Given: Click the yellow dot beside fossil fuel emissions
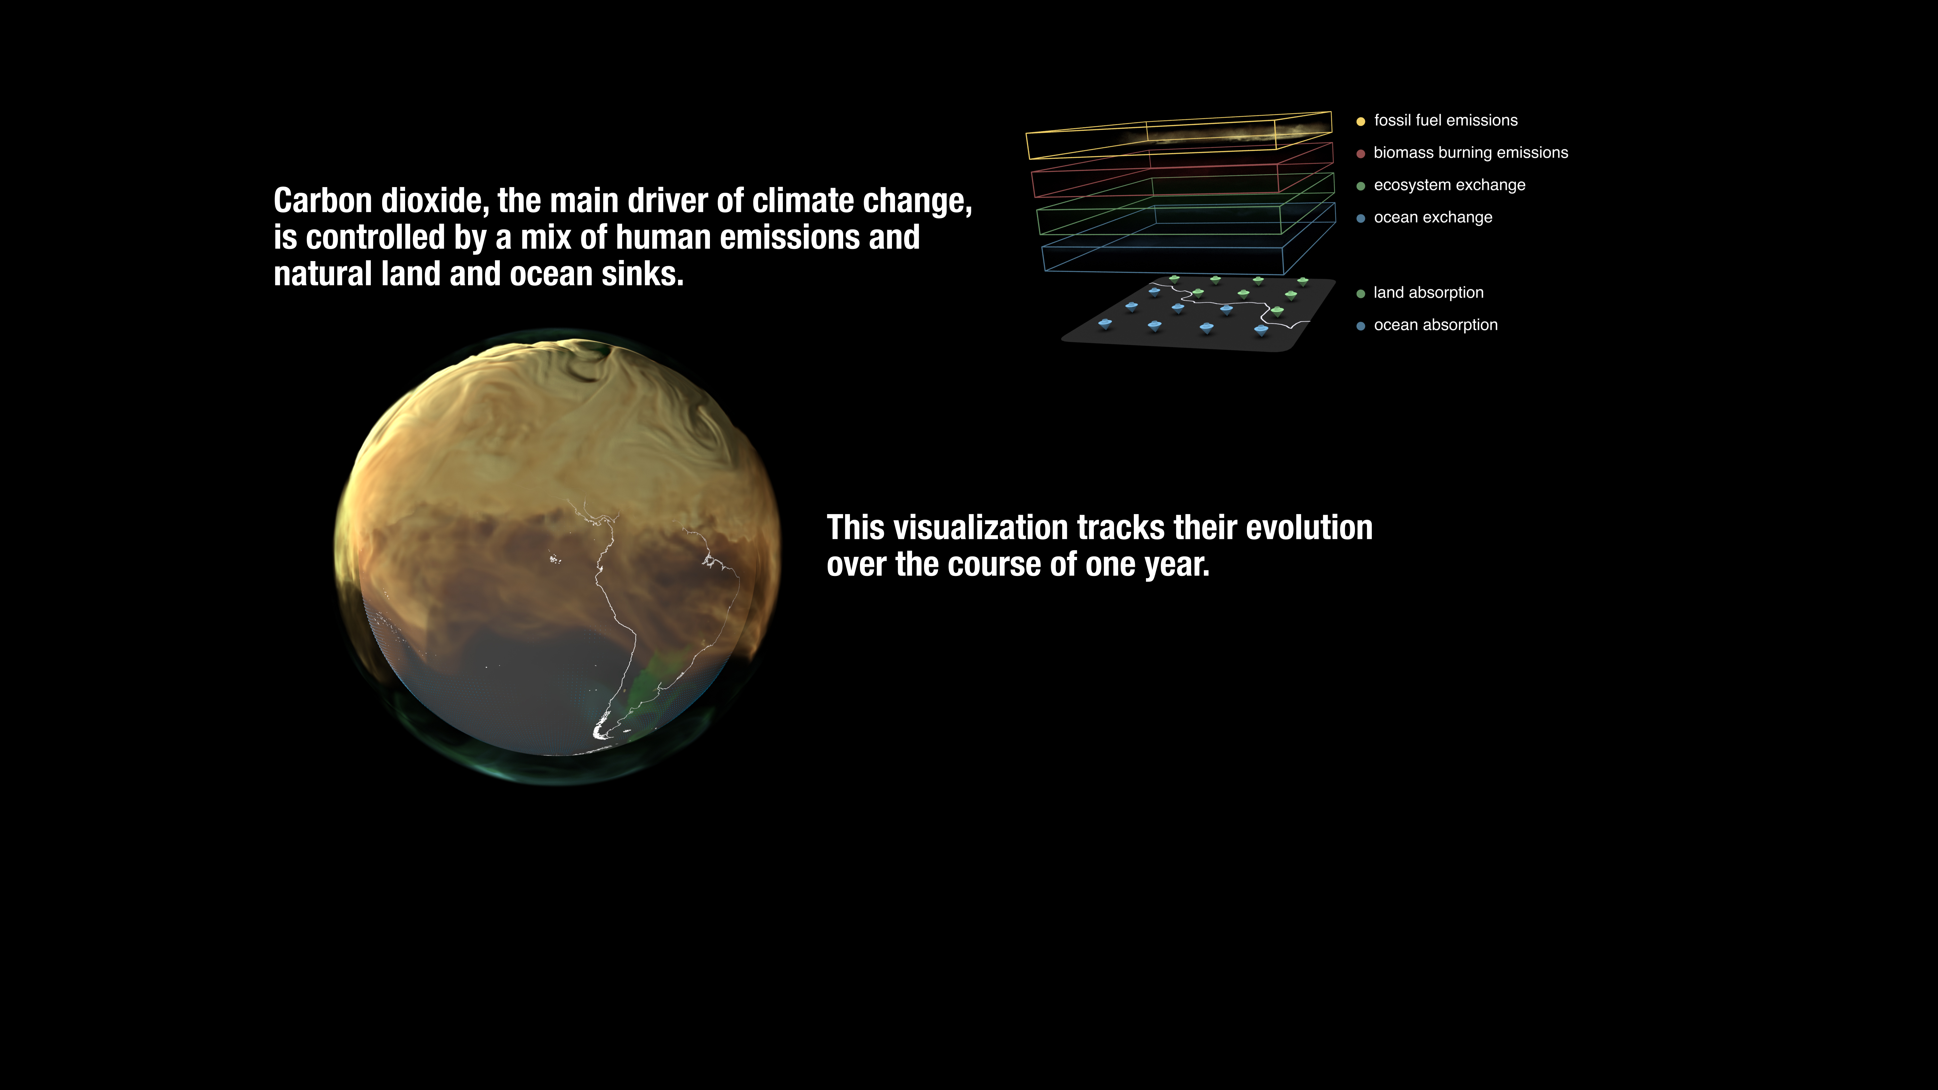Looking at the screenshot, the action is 1360,121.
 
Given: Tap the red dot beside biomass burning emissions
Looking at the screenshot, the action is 1360,153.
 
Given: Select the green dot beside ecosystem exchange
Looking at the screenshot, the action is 1360,186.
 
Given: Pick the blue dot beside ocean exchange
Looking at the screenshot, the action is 1360,218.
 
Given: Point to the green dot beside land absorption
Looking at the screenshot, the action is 1360,293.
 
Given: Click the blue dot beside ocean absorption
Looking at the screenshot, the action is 1360,326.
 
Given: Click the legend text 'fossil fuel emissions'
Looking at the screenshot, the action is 1445,120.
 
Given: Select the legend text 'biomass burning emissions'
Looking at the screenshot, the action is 1471,153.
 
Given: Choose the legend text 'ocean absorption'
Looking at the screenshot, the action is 1435,325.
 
